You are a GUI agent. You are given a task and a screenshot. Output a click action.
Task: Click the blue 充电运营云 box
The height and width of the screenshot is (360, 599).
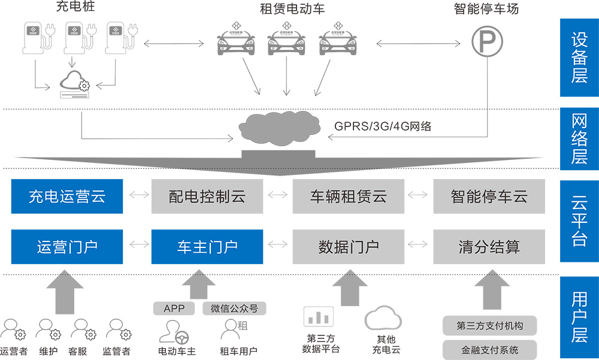67,196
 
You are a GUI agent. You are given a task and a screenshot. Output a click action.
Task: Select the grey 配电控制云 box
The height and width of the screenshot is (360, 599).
207,196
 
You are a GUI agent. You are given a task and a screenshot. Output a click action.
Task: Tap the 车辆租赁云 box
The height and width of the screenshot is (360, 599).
348,196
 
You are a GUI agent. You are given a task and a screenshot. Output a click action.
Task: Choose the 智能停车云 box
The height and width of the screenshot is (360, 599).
489,196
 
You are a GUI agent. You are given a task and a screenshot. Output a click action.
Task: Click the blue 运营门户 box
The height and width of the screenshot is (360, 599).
67,246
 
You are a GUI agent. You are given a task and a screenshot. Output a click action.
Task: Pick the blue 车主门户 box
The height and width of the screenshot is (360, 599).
207,246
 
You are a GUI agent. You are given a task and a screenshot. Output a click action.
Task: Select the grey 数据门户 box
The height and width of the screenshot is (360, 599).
348,246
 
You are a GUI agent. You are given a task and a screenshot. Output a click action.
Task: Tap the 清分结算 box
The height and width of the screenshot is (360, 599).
489,246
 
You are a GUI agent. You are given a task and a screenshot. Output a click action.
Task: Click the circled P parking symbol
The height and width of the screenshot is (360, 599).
486,42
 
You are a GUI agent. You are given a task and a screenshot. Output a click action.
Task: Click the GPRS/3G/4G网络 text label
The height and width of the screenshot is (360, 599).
383,126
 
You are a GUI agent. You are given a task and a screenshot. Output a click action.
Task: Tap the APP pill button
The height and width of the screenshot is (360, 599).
174,308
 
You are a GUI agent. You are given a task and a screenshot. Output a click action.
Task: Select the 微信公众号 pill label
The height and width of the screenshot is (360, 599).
234,308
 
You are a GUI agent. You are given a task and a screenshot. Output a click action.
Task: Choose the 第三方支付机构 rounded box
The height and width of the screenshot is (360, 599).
489,326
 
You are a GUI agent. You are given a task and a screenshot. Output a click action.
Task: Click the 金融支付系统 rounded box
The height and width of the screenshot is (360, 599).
489,349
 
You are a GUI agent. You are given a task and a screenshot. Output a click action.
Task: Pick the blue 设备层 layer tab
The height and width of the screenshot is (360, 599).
579,58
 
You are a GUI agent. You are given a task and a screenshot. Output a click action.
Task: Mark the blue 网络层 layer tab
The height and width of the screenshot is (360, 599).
579,137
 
